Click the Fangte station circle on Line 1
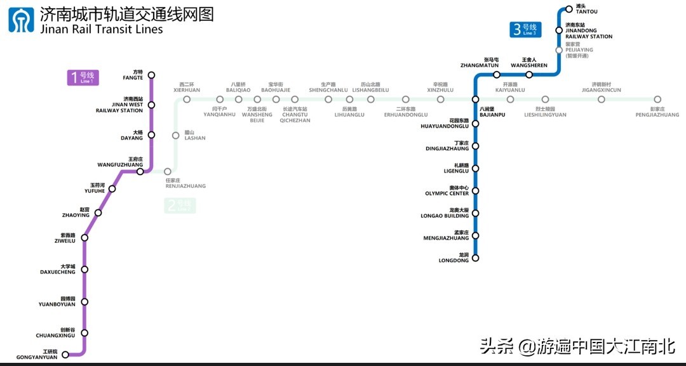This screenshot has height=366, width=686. pyautogui.click(x=151, y=75)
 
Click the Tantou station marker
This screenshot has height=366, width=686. pyautogui.click(x=568, y=10)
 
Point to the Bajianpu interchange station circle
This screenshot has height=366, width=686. pyautogui.click(x=475, y=100)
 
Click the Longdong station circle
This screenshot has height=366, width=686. pyautogui.click(x=475, y=258)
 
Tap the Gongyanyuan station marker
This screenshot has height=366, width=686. pyautogui.click(x=65, y=354)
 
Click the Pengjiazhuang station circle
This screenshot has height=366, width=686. pyautogui.click(x=657, y=100)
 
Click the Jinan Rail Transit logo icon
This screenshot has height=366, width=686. pyautogui.click(x=22, y=20)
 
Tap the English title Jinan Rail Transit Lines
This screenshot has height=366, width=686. pyautogui.click(x=102, y=30)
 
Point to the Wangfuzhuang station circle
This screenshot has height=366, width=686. pyautogui.click(x=140, y=171)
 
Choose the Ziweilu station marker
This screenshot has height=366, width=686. pyautogui.click(x=84, y=238)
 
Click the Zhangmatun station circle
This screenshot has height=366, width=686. pyautogui.click(x=497, y=75)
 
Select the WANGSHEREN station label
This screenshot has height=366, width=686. pyautogui.click(x=529, y=65)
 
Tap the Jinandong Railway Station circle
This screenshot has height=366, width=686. pyautogui.click(x=559, y=30)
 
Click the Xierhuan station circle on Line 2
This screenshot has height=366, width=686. pyautogui.click(x=187, y=100)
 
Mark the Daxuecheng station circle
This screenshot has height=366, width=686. pyautogui.click(x=84, y=270)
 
